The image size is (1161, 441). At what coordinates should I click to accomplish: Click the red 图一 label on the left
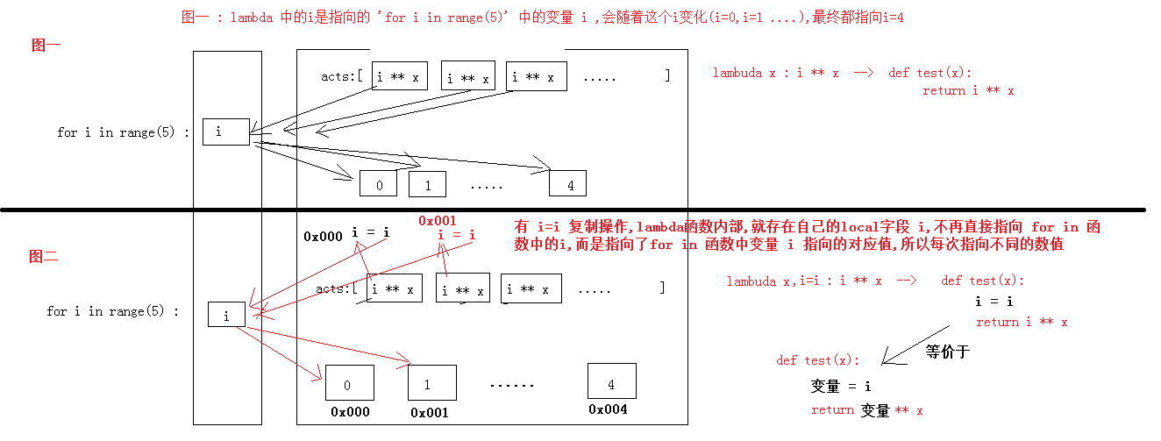pos(46,46)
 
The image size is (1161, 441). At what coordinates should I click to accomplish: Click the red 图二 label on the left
pos(43,257)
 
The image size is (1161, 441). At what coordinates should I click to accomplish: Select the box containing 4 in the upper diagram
pos(567,183)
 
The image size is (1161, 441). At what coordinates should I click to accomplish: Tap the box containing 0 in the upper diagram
pos(378,183)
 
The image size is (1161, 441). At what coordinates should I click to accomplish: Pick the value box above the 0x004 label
pos(611,381)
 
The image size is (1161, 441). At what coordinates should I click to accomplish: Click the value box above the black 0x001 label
pos(431,382)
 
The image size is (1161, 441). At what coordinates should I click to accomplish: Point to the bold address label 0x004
pos(608,409)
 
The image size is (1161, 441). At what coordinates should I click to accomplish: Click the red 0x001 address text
pos(438,221)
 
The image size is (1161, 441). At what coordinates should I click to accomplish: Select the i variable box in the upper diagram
pos(225,132)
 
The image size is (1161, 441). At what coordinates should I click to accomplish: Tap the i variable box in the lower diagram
pos(226,315)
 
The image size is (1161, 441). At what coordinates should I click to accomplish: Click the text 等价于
pos(947,352)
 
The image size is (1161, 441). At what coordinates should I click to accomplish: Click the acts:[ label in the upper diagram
pos(342,76)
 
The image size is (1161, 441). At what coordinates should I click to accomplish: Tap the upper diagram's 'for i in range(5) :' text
pos(123,132)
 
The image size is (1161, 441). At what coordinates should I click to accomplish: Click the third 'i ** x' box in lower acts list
pos(531,288)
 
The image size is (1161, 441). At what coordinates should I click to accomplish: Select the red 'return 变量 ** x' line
pos(866,410)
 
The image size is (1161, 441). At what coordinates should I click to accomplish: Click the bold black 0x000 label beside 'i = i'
pos(323,236)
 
